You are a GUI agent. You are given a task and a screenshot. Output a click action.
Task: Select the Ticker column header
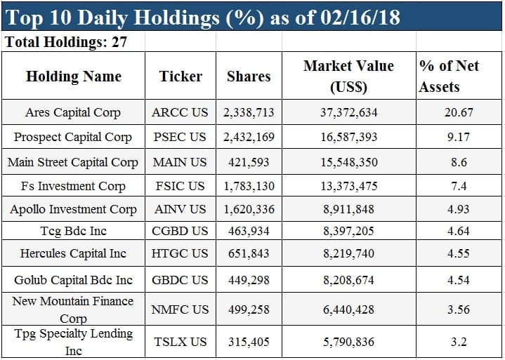tap(181, 76)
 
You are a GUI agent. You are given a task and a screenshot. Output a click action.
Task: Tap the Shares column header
tap(248, 76)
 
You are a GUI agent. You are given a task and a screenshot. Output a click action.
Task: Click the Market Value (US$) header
tap(348, 76)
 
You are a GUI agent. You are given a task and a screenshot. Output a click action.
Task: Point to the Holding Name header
tap(73, 76)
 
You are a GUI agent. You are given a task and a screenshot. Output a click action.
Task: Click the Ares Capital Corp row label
tap(73, 112)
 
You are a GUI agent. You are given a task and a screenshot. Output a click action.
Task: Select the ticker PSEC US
tap(180, 137)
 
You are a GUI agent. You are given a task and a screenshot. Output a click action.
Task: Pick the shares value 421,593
tap(249, 162)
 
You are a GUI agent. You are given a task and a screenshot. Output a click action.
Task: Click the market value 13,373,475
tap(348, 185)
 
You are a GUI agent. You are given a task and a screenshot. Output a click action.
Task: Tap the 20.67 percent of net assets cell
tap(459, 112)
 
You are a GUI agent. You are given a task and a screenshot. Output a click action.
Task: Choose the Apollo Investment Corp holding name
tap(73, 209)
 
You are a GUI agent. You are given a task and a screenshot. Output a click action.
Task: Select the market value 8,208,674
tap(348, 280)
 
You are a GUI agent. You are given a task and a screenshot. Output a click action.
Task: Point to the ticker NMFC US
tap(180, 309)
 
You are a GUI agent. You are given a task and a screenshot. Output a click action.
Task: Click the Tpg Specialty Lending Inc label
tap(73, 342)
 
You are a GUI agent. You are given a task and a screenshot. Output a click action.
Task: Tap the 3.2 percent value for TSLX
tap(459, 342)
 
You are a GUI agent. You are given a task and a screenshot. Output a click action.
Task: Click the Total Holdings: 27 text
tap(66, 42)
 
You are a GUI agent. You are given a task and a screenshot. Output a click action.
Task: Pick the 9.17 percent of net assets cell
tap(459, 137)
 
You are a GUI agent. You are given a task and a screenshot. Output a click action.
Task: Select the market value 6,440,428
tap(348, 309)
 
